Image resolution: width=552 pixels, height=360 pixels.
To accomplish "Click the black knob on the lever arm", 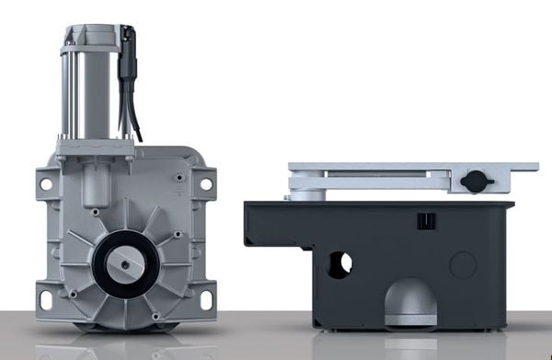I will (x=475, y=180).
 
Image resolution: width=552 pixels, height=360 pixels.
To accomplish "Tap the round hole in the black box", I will (x=340, y=264).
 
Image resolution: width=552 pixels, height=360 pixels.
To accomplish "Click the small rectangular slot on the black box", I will (x=424, y=222).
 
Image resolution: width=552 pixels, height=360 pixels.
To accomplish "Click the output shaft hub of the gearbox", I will (x=124, y=266).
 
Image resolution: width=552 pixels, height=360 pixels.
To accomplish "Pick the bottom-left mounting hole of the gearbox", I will (x=46, y=299).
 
